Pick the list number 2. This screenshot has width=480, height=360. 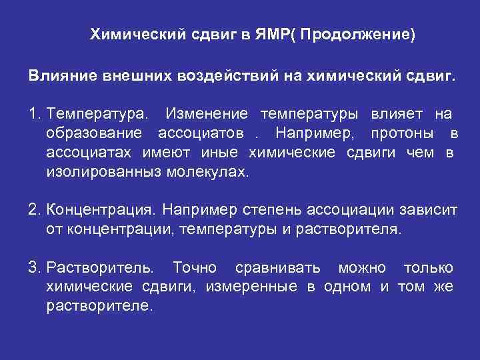(34, 210)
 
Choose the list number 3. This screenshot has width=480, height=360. (34, 268)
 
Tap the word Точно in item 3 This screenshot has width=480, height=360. (195, 268)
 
